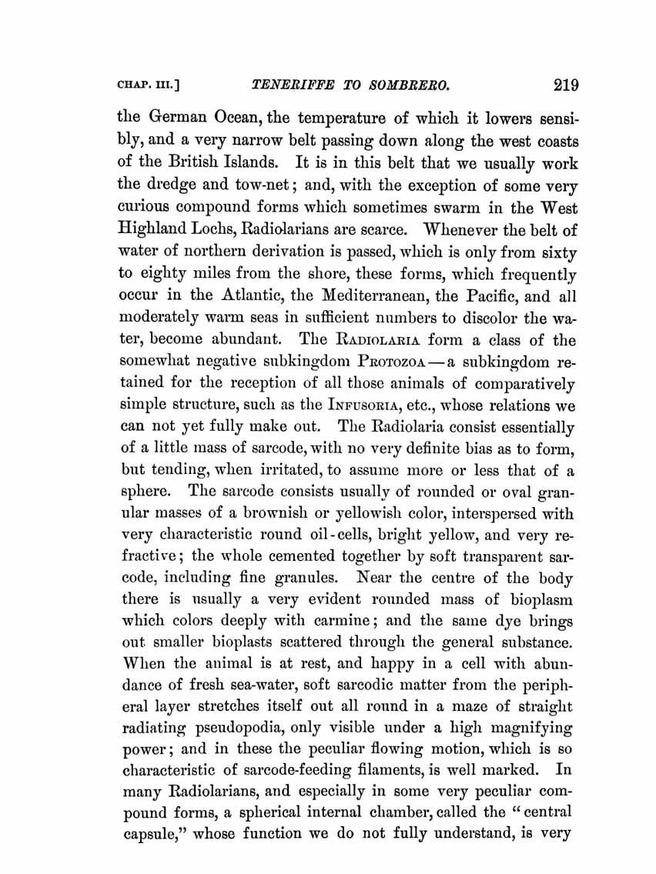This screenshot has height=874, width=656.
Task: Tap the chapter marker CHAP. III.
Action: tap(146, 85)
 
